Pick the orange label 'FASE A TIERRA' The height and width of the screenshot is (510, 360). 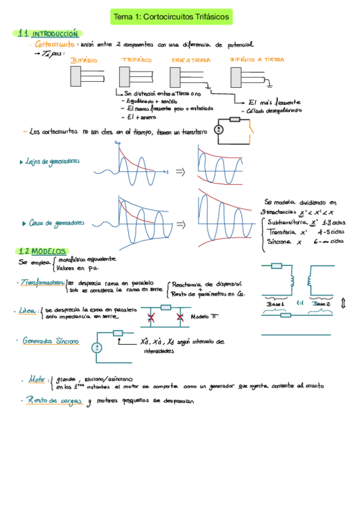[188, 61]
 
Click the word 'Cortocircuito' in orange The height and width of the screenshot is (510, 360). [55, 44]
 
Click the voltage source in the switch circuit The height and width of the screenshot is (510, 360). [219, 129]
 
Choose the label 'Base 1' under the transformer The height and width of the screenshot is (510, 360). [276, 304]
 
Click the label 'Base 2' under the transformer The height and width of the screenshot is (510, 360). [323, 304]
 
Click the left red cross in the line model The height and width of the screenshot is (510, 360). [150, 316]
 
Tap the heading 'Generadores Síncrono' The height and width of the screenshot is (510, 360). [50, 341]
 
